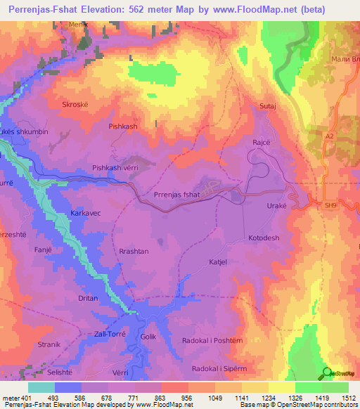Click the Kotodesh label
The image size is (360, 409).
point(264,238)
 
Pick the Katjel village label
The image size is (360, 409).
point(217,263)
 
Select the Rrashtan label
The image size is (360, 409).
point(134,252)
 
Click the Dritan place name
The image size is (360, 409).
point(88,299)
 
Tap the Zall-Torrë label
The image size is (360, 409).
point(109,334)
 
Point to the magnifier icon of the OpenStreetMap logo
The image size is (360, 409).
point(327,372)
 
